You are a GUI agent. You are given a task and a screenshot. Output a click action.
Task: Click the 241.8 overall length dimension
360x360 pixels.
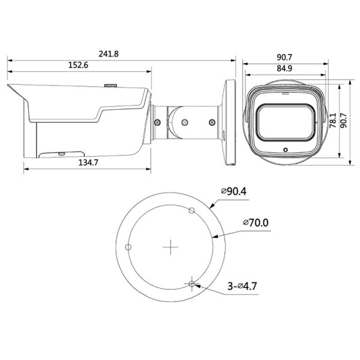[109, 54]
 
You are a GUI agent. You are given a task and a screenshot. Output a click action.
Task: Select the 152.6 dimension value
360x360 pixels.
[78, 65]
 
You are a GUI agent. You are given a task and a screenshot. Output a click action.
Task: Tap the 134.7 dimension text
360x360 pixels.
[88, 163]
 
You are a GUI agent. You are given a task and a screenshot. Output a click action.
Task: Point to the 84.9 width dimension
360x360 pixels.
[284, 68]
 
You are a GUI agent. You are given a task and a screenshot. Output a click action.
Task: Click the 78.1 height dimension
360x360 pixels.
[332, 121]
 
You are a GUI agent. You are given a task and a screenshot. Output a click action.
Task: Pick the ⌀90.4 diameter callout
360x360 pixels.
[234, 191]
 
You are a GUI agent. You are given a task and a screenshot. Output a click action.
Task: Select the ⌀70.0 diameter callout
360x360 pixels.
[256, 223]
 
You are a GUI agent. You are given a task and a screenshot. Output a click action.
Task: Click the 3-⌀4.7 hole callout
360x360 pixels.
[242, 286]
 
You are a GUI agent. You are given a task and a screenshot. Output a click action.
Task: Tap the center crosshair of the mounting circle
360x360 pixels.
[170, 247]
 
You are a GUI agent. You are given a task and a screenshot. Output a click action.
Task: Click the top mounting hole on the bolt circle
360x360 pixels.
[192, 210]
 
